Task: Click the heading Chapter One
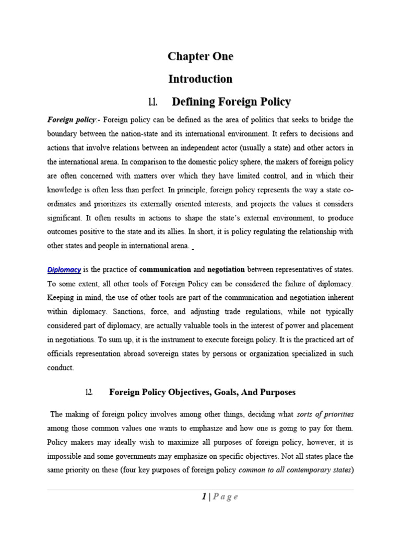(200, 56)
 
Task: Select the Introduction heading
(200, 79)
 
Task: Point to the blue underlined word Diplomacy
(64, 270)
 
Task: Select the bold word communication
(165, 270)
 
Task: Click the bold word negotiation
(226, 270)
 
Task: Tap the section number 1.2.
(88, 392)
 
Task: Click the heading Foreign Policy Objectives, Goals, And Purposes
(202, 392)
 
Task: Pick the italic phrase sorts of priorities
(325, 414)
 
